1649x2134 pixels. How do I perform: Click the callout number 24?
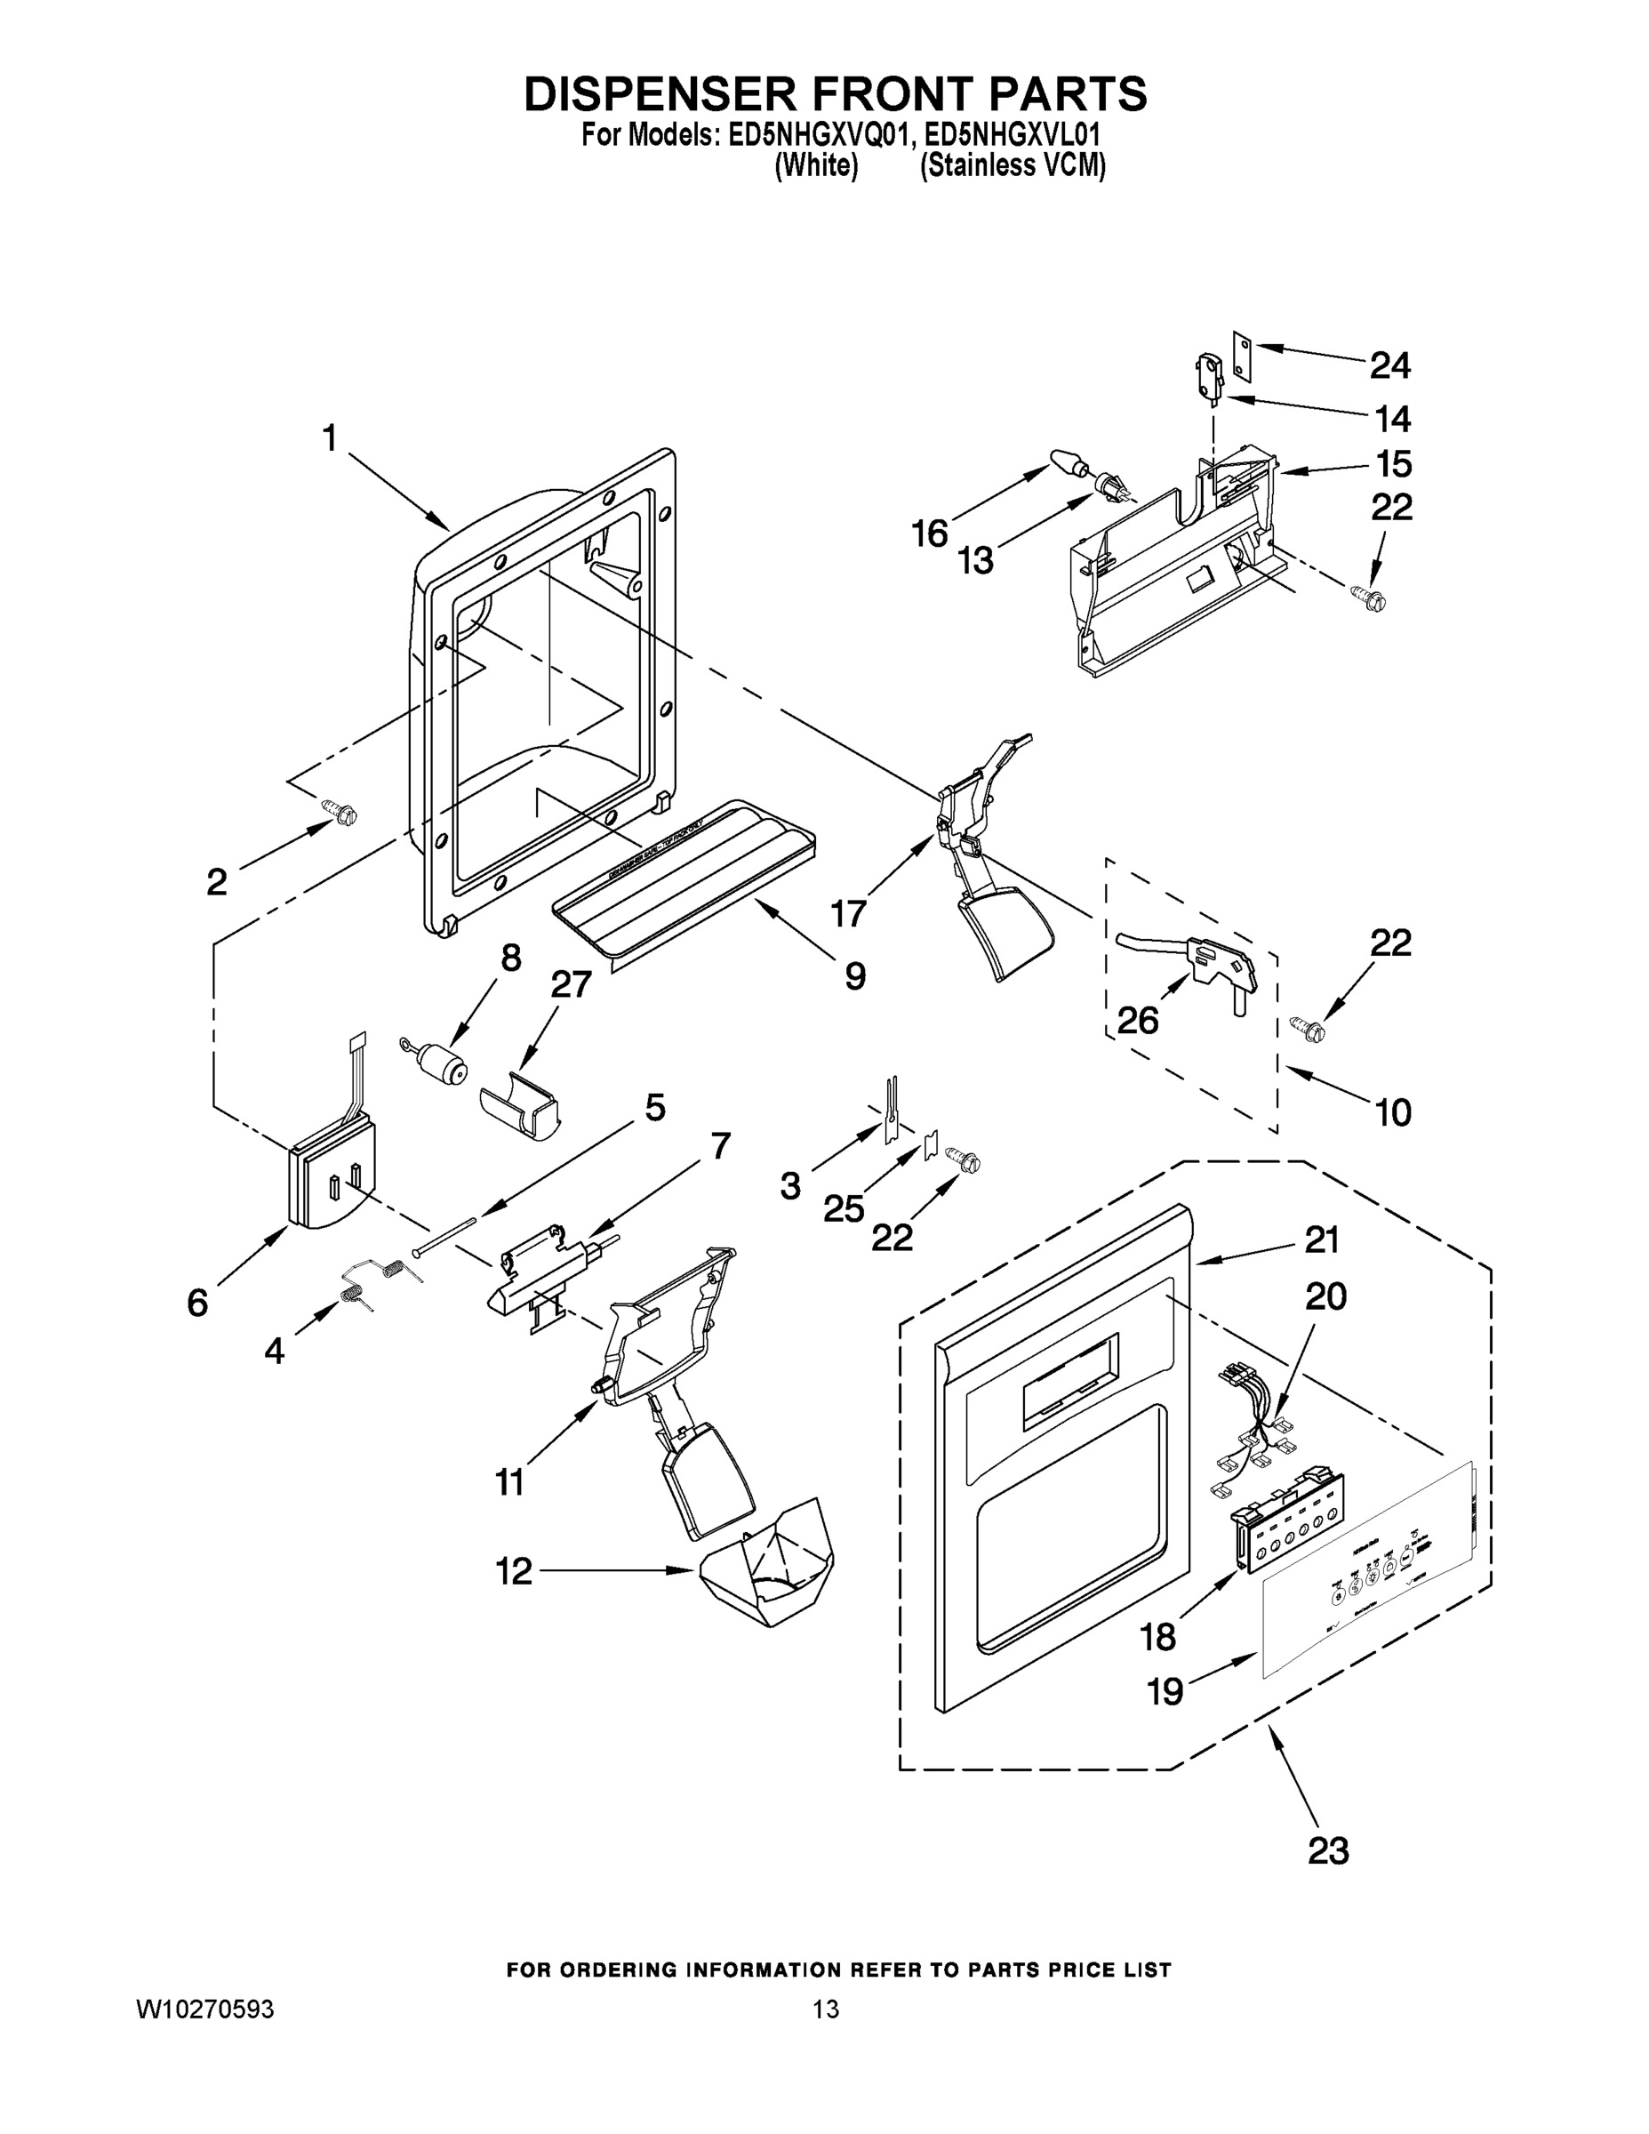click(1389, 366)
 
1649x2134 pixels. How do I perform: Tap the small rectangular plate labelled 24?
click(1241, 354)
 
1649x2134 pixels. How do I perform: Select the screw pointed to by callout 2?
click(339, 811)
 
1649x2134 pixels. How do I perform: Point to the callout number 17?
click(848, 913)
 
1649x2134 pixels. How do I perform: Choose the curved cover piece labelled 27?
click(521, 1108)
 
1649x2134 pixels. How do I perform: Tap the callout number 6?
click(198, 1302)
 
